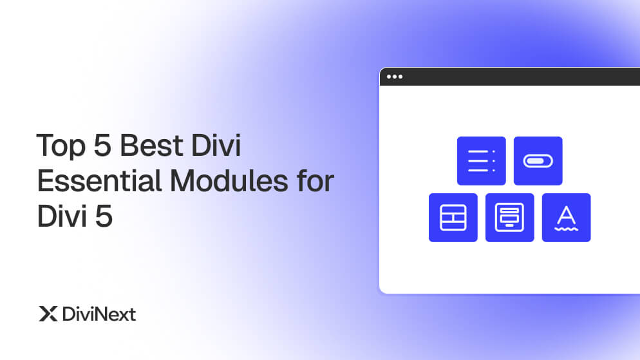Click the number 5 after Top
coord(102,147)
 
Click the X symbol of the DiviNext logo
coord(48,314)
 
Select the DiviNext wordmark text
coord(99,314)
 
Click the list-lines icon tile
coord(481,161)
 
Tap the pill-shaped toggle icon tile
coord(538,161)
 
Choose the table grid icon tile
coord(453,218)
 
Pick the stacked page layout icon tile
coord(509,218)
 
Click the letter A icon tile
coord(566,218)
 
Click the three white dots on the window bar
coord(394,77)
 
